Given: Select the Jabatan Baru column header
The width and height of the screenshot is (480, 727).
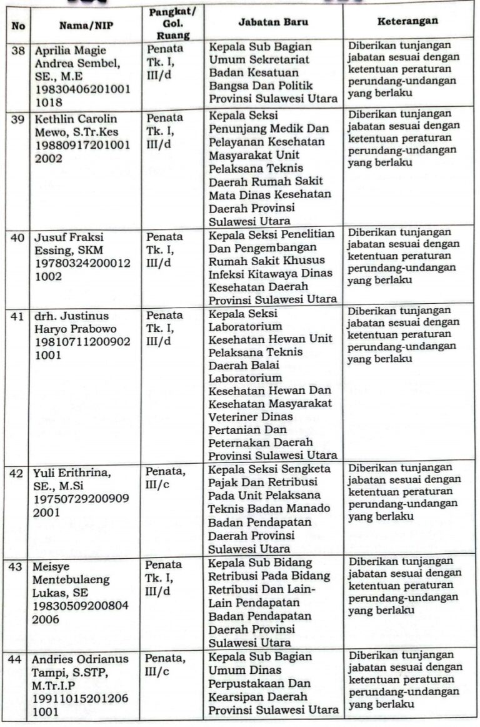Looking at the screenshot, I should click(x=273, y=22).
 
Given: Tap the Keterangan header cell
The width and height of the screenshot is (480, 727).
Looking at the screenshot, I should click(x=407, y=21).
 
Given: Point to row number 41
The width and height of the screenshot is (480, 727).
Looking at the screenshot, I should click(x=17, y=316).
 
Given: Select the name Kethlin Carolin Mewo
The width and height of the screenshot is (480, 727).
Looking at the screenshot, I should click(x=74, y=125).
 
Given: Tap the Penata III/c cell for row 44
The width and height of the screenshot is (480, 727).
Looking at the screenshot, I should click(x=166, y=665).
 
